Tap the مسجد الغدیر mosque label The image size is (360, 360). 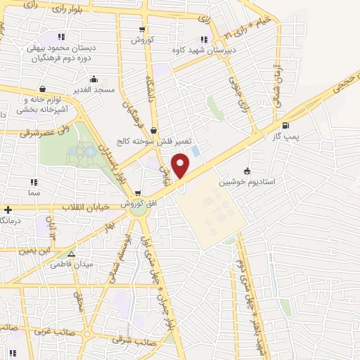click(x=95, y=91)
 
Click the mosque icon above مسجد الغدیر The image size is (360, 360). click(x=94, y=79)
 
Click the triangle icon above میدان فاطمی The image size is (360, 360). click(x=71, y=255)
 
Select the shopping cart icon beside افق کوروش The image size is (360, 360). click(x=138, y=193)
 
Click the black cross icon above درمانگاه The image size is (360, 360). click(x=8, y=210)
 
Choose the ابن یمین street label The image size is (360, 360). click(x=36, y=250)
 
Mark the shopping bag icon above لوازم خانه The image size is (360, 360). click(x=44, y=89)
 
